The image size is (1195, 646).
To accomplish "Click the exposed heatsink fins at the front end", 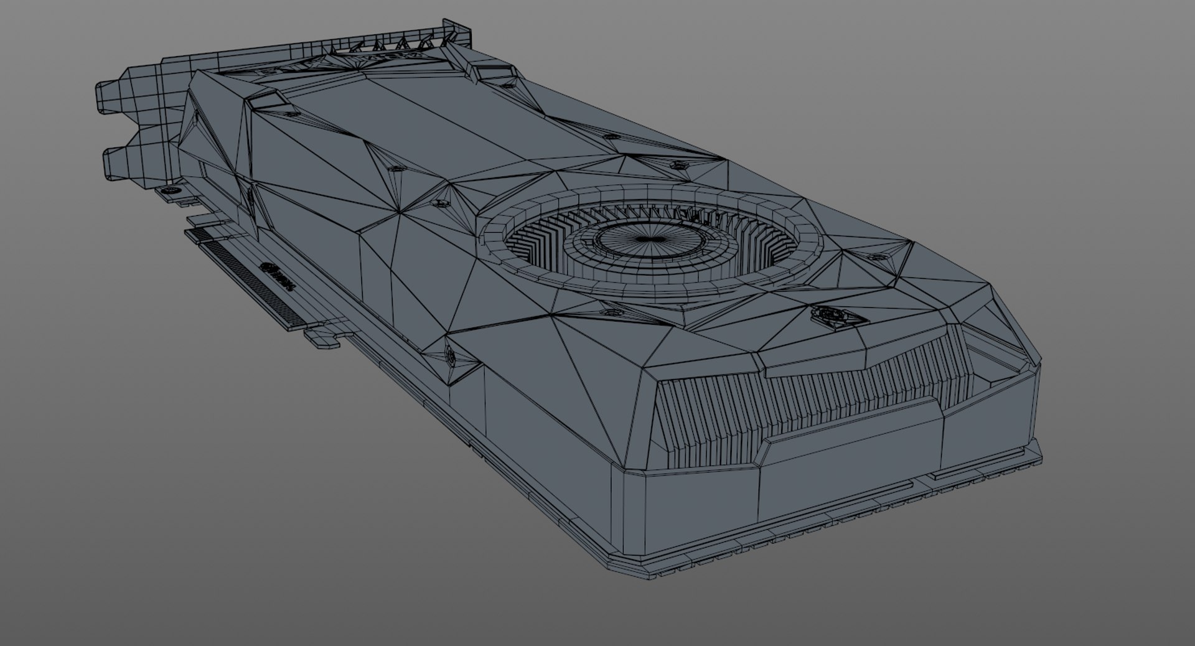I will tap(803, 398).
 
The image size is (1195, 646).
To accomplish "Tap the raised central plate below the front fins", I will tap(853, 429).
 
